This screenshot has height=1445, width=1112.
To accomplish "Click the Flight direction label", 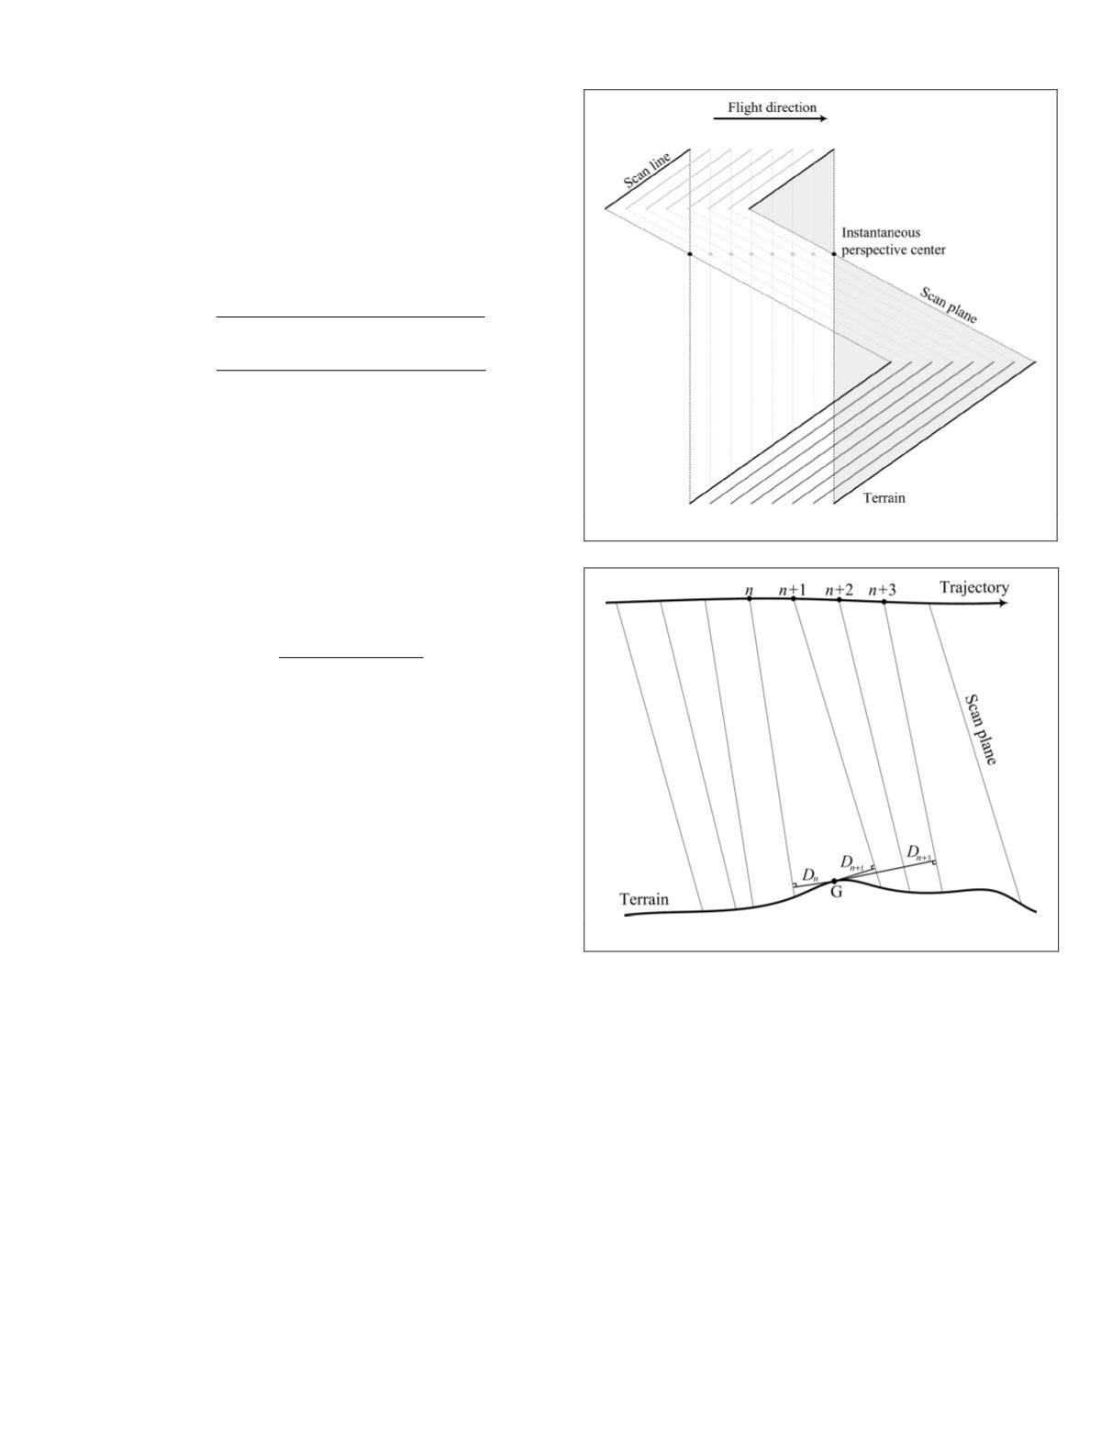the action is (x=771, y=107).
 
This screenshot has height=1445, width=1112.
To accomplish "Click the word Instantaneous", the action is (x=881, y=233).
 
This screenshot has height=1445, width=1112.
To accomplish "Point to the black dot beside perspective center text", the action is (x=833, y=253).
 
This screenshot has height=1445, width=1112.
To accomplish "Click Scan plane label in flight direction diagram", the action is (x=949, y=306).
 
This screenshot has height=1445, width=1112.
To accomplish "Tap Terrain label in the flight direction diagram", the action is (x=884, y=497).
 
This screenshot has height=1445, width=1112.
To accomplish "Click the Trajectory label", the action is (x=973, y=587).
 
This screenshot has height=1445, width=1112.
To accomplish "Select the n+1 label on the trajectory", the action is (x=793, y=589).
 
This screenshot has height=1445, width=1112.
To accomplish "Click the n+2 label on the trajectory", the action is (x=839, y=589).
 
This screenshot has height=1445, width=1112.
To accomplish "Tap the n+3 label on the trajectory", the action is (x=883, y=589).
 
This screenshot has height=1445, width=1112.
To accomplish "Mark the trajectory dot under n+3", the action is (x=884, y=602).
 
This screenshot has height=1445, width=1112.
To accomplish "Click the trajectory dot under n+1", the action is (x=794, y=598).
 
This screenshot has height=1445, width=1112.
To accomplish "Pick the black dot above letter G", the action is (x=834, y=881).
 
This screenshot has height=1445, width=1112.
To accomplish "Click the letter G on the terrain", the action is (x=837, y=893).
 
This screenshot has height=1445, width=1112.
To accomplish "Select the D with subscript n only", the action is (x=809, y=875).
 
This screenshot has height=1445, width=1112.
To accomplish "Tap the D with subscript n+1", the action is (x=852, y=863).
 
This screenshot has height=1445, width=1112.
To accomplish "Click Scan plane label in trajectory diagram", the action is (x=980, y=729).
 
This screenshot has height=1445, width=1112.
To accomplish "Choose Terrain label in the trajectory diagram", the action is (x=644, y=899).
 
